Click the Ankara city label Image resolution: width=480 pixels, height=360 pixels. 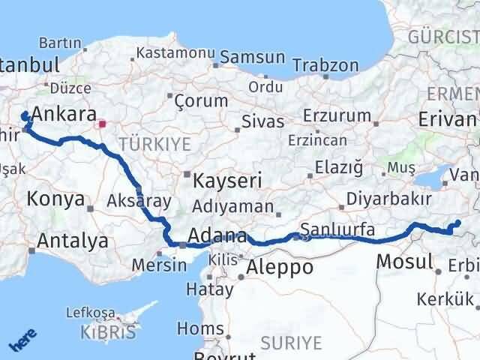pos(65,114)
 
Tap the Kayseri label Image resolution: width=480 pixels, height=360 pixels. pos(227,181)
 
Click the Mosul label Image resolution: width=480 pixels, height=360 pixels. pos(405,262)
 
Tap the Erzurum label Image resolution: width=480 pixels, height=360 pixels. pos(337,116)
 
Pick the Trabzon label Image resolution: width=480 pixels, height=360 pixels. pos(325,65)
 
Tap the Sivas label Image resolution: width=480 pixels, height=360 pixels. pos(262,121)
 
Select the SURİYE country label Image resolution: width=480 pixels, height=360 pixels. pos(291,343)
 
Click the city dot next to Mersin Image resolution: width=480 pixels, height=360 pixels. pos(182,244)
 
